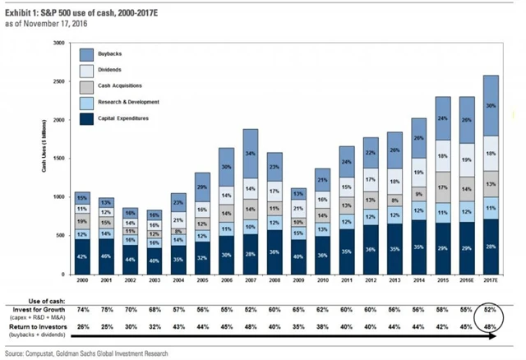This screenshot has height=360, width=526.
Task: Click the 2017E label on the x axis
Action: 491,281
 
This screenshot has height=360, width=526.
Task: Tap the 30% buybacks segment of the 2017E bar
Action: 491,105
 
